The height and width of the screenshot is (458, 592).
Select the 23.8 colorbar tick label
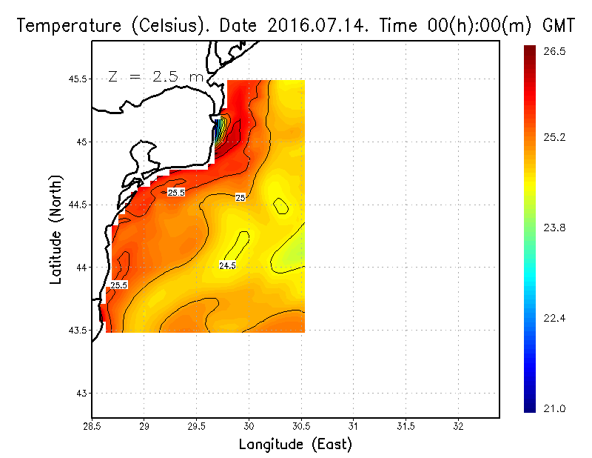coord(554,228)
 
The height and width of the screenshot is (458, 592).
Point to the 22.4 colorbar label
coord(554,318)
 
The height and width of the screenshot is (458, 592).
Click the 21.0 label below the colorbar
coord(554,408)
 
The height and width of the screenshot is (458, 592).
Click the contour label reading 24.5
coord(227,265)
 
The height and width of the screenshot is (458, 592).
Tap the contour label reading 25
coord(240,198)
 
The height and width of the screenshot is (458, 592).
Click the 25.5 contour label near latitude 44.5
coord(176,193)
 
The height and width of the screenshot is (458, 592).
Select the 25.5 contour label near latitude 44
coord(118,285)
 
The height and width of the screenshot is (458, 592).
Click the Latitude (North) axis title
coord(55,230)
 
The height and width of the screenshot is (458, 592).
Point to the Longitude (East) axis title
coord(295,445)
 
